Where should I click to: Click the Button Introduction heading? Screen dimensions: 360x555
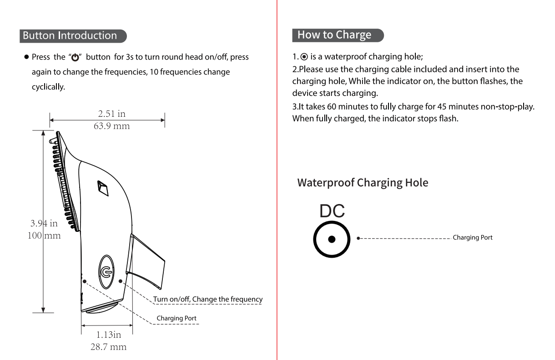point(70,35)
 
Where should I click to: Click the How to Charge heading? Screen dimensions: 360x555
point(334,35)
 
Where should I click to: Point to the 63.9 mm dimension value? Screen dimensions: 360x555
point(111,126)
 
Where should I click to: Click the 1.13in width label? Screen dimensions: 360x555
point(108,335)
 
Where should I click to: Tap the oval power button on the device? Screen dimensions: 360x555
point(105,272)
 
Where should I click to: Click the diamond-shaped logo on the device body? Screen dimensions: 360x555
point(103,188)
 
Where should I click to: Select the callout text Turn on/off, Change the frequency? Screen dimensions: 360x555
point(207,299)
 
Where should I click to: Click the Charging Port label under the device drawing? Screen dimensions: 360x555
point(177,318)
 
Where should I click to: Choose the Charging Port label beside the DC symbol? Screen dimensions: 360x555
point(472,238)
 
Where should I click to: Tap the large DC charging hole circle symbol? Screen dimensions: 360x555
point(332,239)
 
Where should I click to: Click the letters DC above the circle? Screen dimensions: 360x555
point(332,211)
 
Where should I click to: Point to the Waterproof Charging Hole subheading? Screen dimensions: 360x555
point(363,183)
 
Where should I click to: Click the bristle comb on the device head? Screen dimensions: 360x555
point(64,182)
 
